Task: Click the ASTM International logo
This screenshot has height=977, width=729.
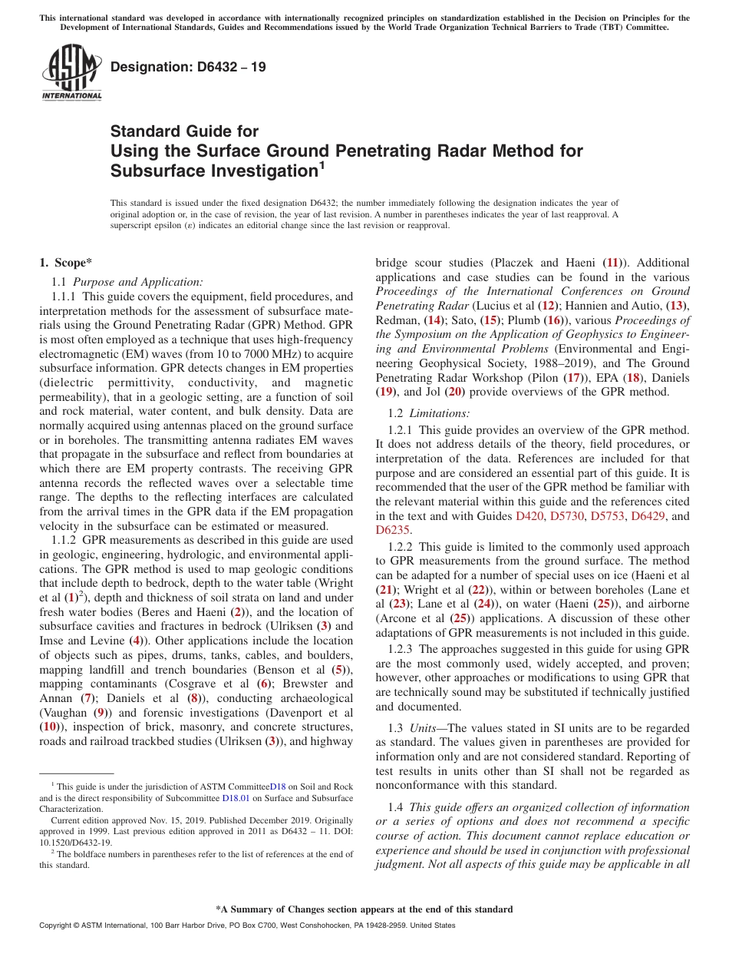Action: [71, 72]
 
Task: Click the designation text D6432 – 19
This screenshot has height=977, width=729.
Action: [188, 67]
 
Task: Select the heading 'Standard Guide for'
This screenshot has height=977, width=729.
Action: [184, 131]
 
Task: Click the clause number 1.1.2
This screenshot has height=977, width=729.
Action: [64, 541]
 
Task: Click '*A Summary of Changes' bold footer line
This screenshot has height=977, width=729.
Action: [364, 909]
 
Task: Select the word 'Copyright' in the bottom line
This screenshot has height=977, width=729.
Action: [56, 926]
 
